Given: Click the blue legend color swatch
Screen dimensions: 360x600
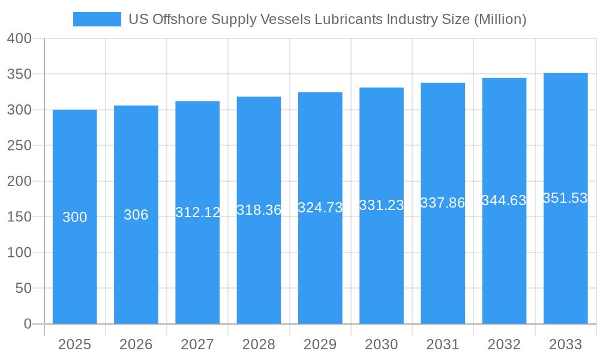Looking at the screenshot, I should pos(97,19).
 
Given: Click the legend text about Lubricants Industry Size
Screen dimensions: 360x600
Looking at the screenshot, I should pos(328,19).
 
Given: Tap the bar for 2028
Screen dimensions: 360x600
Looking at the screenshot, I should pos(259,252).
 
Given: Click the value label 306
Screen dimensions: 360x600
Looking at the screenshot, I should pos(136,215).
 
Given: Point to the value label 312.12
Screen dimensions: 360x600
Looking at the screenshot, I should pos(197,212).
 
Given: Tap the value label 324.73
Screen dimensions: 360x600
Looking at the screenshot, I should pos(320,208).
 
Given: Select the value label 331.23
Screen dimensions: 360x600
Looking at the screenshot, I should pos(382,205).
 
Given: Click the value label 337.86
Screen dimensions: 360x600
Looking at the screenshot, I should pos(443,203).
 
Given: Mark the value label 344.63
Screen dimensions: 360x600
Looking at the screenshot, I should pos(504,200).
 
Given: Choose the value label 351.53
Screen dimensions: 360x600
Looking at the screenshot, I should pos(565,198).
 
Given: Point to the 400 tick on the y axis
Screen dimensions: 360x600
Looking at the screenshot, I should pos(19,38).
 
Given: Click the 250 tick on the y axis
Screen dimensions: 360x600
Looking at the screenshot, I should pos(19,145).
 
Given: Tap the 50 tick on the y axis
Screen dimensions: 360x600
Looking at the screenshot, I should pos(23,288).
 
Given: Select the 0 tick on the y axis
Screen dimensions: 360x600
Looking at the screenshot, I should pos(27,324).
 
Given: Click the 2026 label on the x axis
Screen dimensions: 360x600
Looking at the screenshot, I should pos(136,344).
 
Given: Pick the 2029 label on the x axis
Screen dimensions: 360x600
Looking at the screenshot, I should pos(320,344).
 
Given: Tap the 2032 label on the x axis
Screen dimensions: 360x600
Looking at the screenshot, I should pos(504,344).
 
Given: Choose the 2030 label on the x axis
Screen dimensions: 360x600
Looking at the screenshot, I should pos(382,344).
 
